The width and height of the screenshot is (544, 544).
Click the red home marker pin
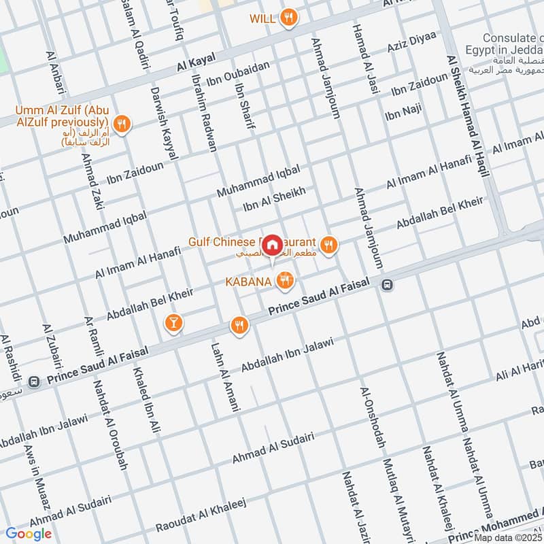pyautogui.click(x=272, y=243)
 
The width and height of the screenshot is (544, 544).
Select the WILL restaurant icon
pyautogui.click(x=290, y=18)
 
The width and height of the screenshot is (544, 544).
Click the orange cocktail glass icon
pyautogui.click(x=173, y=323)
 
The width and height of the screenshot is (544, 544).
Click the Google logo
pyautogui.click(x=29, y=534)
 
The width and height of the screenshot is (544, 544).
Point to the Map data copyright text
pyautogui.click(x=508, y=538)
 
